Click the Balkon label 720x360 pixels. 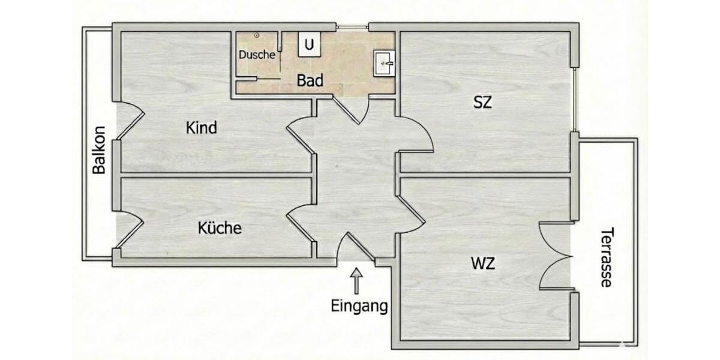pos(100,150)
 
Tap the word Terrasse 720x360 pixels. pos(607,257)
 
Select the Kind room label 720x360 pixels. pos(201,128)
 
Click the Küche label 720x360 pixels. pos(220,228)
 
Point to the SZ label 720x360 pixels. pos(482,103)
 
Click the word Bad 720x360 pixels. pos(311,80)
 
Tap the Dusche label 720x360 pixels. pos(257,55)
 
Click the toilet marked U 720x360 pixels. pos(310,44)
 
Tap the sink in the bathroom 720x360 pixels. pos(383,62)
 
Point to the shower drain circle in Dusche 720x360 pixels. pos(256,36)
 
